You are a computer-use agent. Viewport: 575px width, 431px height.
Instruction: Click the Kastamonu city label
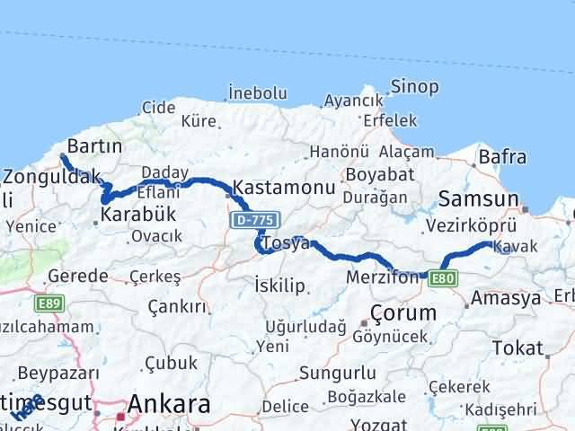tap(284, 189)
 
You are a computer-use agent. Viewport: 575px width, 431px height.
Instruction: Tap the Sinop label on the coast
tap(414, 87)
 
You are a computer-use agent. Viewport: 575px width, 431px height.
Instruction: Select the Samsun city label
tap(479, 199)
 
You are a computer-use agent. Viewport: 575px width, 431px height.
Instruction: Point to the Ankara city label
tap(170, 404)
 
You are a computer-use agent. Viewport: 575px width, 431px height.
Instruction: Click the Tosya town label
tap(285, 243)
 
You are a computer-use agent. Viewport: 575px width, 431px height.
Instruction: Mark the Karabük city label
tap(138, 215)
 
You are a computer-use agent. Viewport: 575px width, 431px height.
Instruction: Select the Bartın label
tap(95, 146)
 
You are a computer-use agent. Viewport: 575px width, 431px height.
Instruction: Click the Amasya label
tap(506, 297)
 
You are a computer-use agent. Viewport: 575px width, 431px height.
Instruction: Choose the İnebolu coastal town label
tap(258, 92)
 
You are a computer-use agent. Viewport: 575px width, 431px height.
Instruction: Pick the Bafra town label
tap(502, 158)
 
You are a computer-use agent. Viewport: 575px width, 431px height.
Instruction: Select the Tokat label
tap(518, 348)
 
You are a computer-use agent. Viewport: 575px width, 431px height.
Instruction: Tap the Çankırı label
tap(179, 307)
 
